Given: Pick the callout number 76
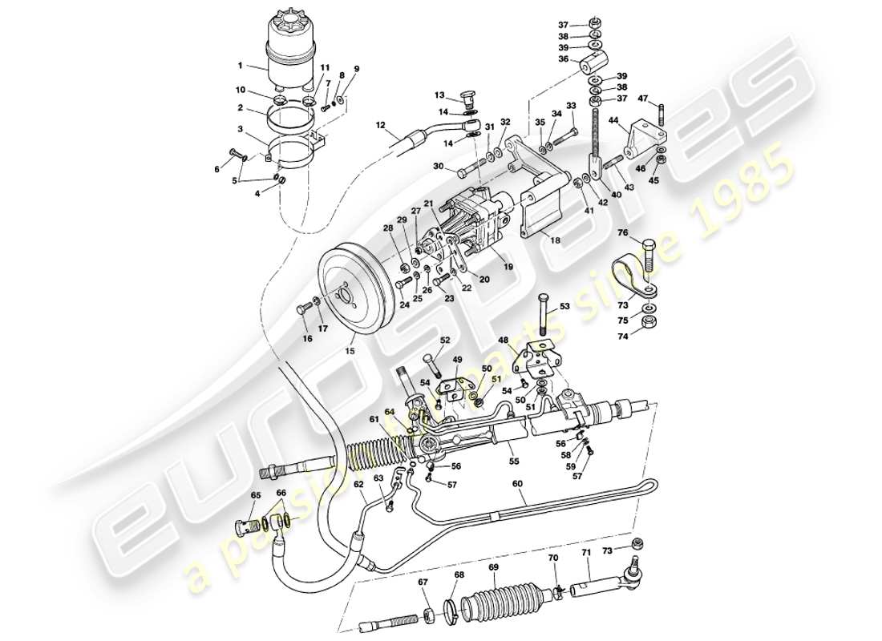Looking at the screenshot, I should pos(622,233).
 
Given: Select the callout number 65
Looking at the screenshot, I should pos(256,496).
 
